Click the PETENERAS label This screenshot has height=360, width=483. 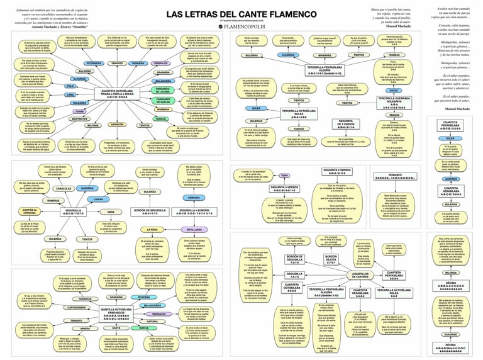click(94, 64)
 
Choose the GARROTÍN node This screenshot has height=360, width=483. click(116, 125)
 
